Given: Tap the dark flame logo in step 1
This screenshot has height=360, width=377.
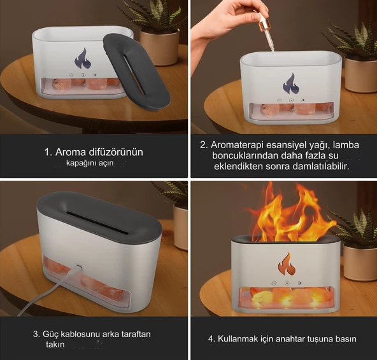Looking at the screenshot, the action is point(83,59).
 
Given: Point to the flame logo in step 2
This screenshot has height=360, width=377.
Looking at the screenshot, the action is point(291,84).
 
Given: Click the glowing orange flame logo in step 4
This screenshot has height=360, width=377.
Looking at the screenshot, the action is point(287,263).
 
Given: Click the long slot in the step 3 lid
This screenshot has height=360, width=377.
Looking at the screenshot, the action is point(97,222).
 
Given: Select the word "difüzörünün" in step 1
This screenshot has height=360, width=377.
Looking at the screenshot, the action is point(116,152).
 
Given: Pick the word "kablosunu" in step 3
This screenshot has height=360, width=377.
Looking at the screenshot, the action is point(81,334).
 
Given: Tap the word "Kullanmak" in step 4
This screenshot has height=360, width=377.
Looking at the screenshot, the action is point(238,339).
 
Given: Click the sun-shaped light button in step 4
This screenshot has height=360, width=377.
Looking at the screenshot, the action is point(299,283).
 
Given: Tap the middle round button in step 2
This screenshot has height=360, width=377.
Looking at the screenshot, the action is point(291,100).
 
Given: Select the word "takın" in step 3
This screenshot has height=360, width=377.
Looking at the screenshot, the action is point(55,344).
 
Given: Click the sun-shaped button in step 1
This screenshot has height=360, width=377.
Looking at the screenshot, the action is point(94,75).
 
